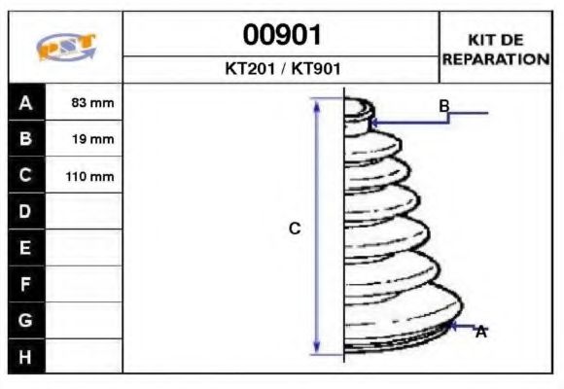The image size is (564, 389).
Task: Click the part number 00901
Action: tap(282, 35)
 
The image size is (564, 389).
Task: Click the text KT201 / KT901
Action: tap(282, 70)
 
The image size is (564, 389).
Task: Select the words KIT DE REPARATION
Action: tap(496, 50)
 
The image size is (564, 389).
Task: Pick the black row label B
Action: tap(26, 139)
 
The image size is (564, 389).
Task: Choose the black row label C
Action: tap(26, 176)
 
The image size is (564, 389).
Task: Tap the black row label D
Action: tap(26, 212)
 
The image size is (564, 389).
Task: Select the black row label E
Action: tap(26, 248)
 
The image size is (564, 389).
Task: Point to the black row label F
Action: tap(26, 284)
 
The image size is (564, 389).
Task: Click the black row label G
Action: tap(26, 320)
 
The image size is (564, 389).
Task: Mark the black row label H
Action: tap(26, 356)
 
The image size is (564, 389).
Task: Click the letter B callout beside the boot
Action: tap(443, 106)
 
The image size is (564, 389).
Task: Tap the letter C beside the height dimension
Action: tap(296, 229)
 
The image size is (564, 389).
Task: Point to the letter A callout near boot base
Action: tap(480, 333)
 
